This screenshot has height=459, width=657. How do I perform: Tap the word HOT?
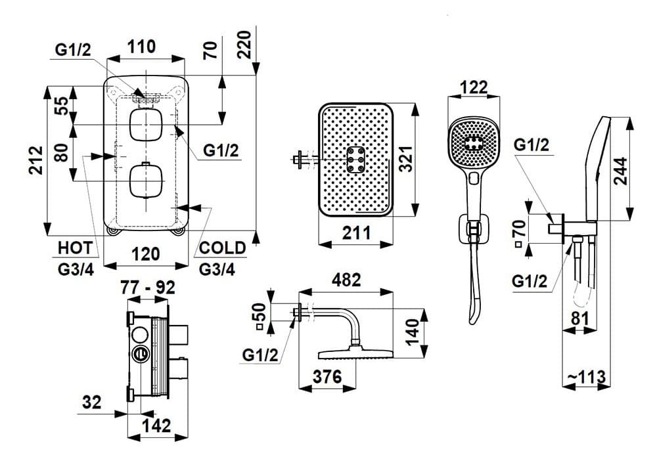coord(75,248)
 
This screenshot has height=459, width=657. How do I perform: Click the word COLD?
coord(222,248)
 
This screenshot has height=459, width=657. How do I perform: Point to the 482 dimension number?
coord(347,280)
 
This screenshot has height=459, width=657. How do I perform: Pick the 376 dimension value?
coord(327,378)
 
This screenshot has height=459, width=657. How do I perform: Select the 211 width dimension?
coord(357,232)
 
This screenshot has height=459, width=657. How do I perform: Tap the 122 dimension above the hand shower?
coord(473,87)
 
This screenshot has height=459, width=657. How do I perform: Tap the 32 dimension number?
coord(93,402)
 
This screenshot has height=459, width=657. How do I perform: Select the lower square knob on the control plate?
coord(145,180)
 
